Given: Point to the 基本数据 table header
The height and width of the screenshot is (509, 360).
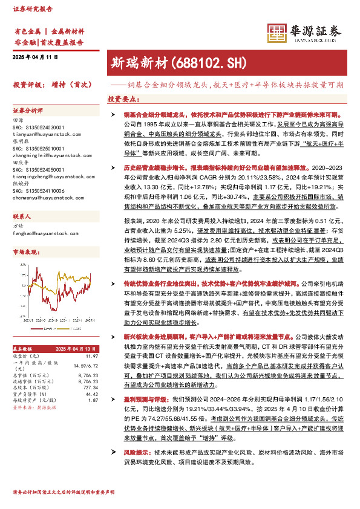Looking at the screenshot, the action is pos(25,349).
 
